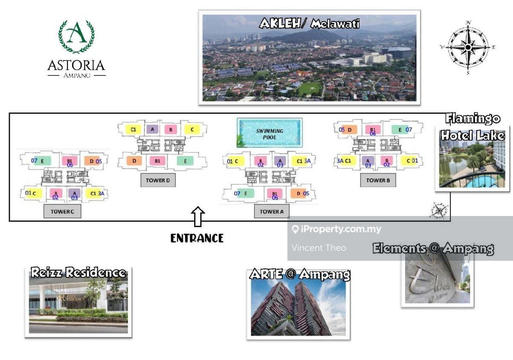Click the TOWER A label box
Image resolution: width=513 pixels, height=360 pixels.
coord(272,211)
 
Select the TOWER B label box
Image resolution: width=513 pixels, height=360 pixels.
coord(375,180)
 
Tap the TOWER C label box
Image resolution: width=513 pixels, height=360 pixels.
coord(62,211)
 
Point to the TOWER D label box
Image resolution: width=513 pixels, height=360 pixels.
coord(158,180)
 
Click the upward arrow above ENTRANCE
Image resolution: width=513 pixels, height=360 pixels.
coord(197,216)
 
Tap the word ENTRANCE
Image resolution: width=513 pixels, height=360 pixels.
coord(197,238)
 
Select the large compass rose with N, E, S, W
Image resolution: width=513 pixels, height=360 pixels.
coord(468,47)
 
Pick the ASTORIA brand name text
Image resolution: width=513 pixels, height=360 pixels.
coord(76,65)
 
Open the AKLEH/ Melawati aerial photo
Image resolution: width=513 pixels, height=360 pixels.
coord(309,58)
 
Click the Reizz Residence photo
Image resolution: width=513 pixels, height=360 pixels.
coord(78,302)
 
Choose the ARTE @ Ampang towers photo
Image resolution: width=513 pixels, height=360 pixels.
coord(299,305)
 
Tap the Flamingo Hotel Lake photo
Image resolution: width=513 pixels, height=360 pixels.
coord(472,158)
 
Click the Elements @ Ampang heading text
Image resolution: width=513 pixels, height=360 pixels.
coord(433,248)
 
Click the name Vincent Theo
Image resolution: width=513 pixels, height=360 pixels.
coord(319,248)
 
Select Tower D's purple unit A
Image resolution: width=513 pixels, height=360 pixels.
coord(152,129)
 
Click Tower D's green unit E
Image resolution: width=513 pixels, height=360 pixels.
coord(185,161)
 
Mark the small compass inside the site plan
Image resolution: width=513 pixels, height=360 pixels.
coord(438,210)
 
